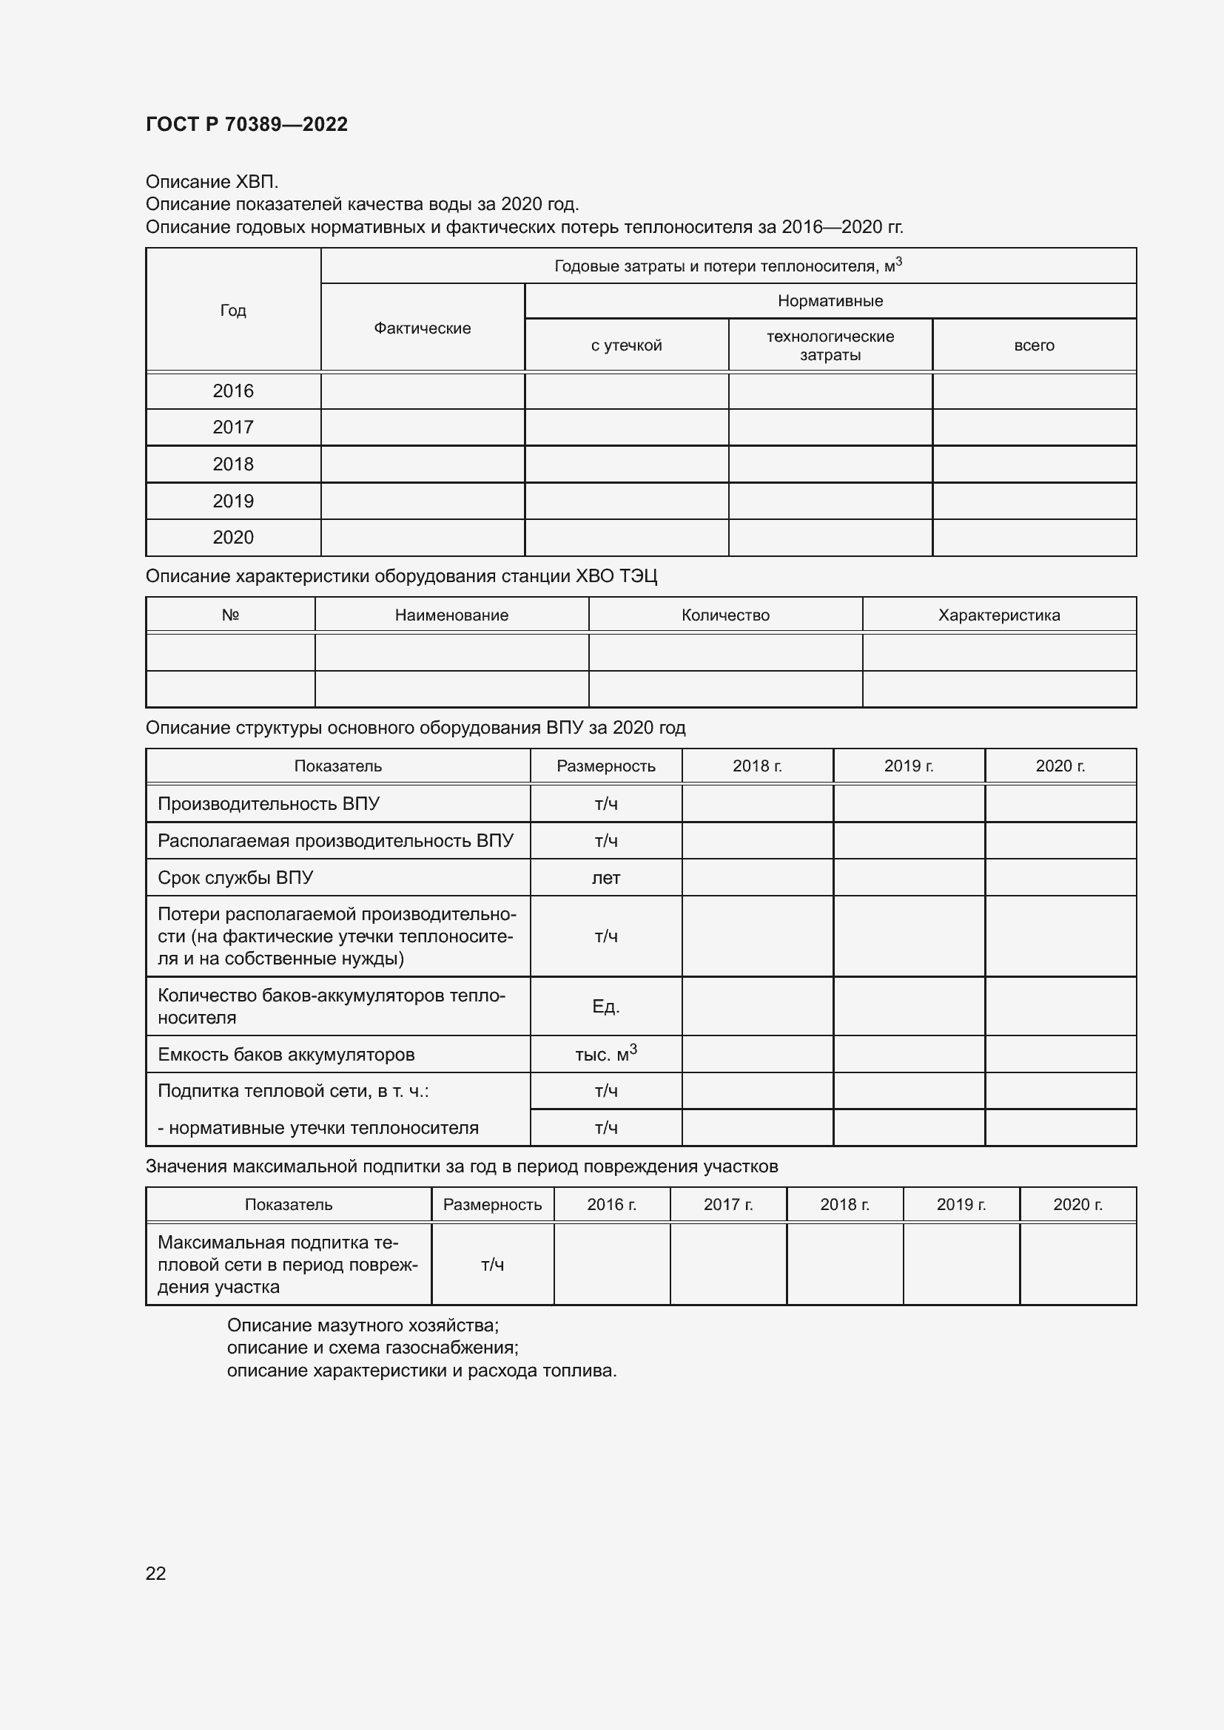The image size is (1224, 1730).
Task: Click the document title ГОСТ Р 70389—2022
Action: pos(246,124)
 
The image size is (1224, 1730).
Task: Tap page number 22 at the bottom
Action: pos(155,1573)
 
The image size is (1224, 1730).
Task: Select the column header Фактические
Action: pos(422,328)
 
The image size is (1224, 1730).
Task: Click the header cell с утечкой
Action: pos(626,345)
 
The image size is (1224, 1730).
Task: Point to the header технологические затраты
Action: pos(830,345)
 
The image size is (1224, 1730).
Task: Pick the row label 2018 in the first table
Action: pos(233,464)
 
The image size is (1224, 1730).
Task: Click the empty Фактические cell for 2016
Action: pos(422,391)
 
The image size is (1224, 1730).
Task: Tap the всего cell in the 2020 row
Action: pos(1034,537)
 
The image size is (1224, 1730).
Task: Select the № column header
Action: pos(230,615)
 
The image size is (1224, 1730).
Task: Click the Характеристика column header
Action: pos(998,615)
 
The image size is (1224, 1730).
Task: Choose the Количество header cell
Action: pos(725,615)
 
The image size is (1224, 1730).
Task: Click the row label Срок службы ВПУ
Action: pos(235,878)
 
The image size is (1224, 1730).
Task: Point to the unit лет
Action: pos(606,878)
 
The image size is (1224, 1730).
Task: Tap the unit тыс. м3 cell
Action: pos(606,1054)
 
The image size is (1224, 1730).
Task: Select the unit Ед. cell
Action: pos(606,1007)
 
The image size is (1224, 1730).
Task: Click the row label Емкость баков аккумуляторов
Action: pos(286,1055)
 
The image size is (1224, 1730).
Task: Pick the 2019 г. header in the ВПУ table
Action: pos(908,766)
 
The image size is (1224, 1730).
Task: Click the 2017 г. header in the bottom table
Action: pos(728,1204)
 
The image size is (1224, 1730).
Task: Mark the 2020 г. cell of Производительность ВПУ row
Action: pos(1060,803)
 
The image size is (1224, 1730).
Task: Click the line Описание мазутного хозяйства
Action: pos(363,1325)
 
